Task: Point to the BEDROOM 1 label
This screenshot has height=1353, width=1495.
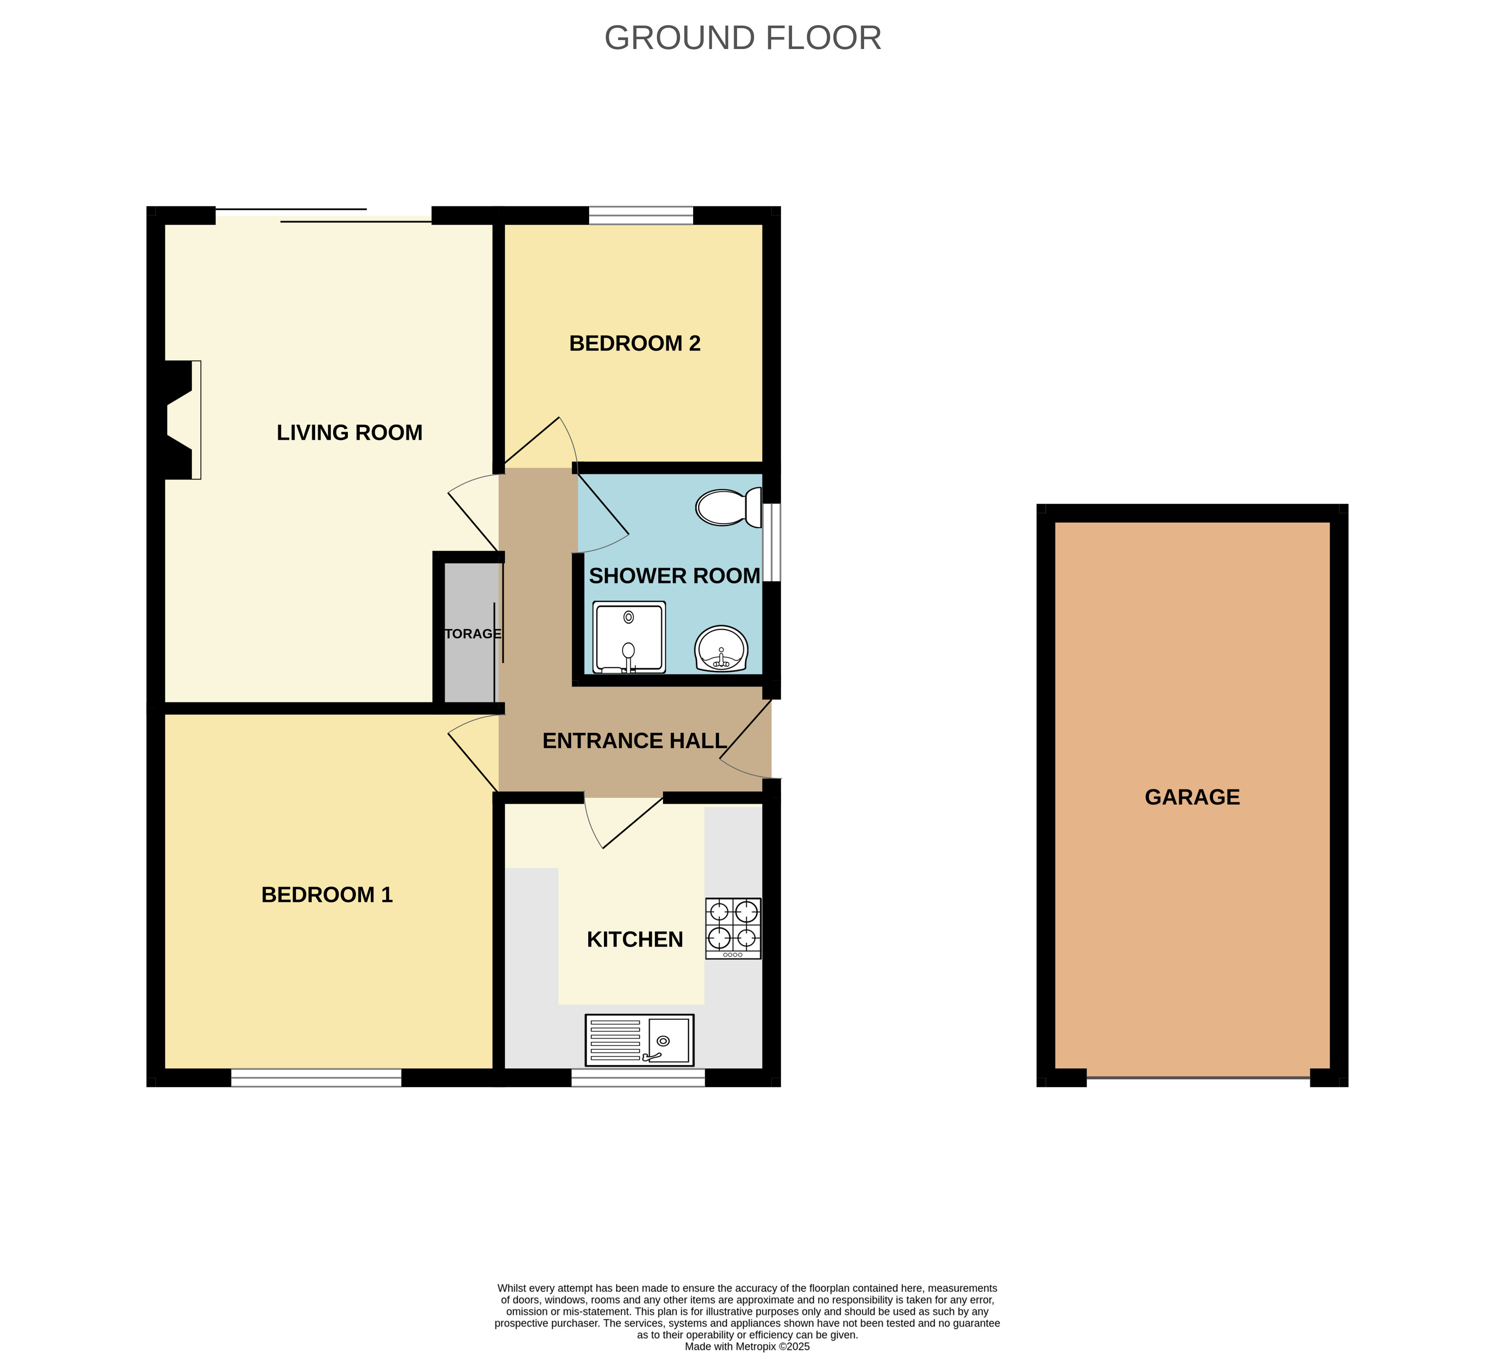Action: click(327, 895)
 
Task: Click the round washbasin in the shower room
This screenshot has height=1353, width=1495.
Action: click(722, 649)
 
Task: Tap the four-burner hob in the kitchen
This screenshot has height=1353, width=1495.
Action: click(733, 929)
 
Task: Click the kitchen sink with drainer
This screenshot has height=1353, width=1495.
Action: click(640, 1040)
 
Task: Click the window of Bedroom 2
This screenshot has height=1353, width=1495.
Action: click(641, 216)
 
